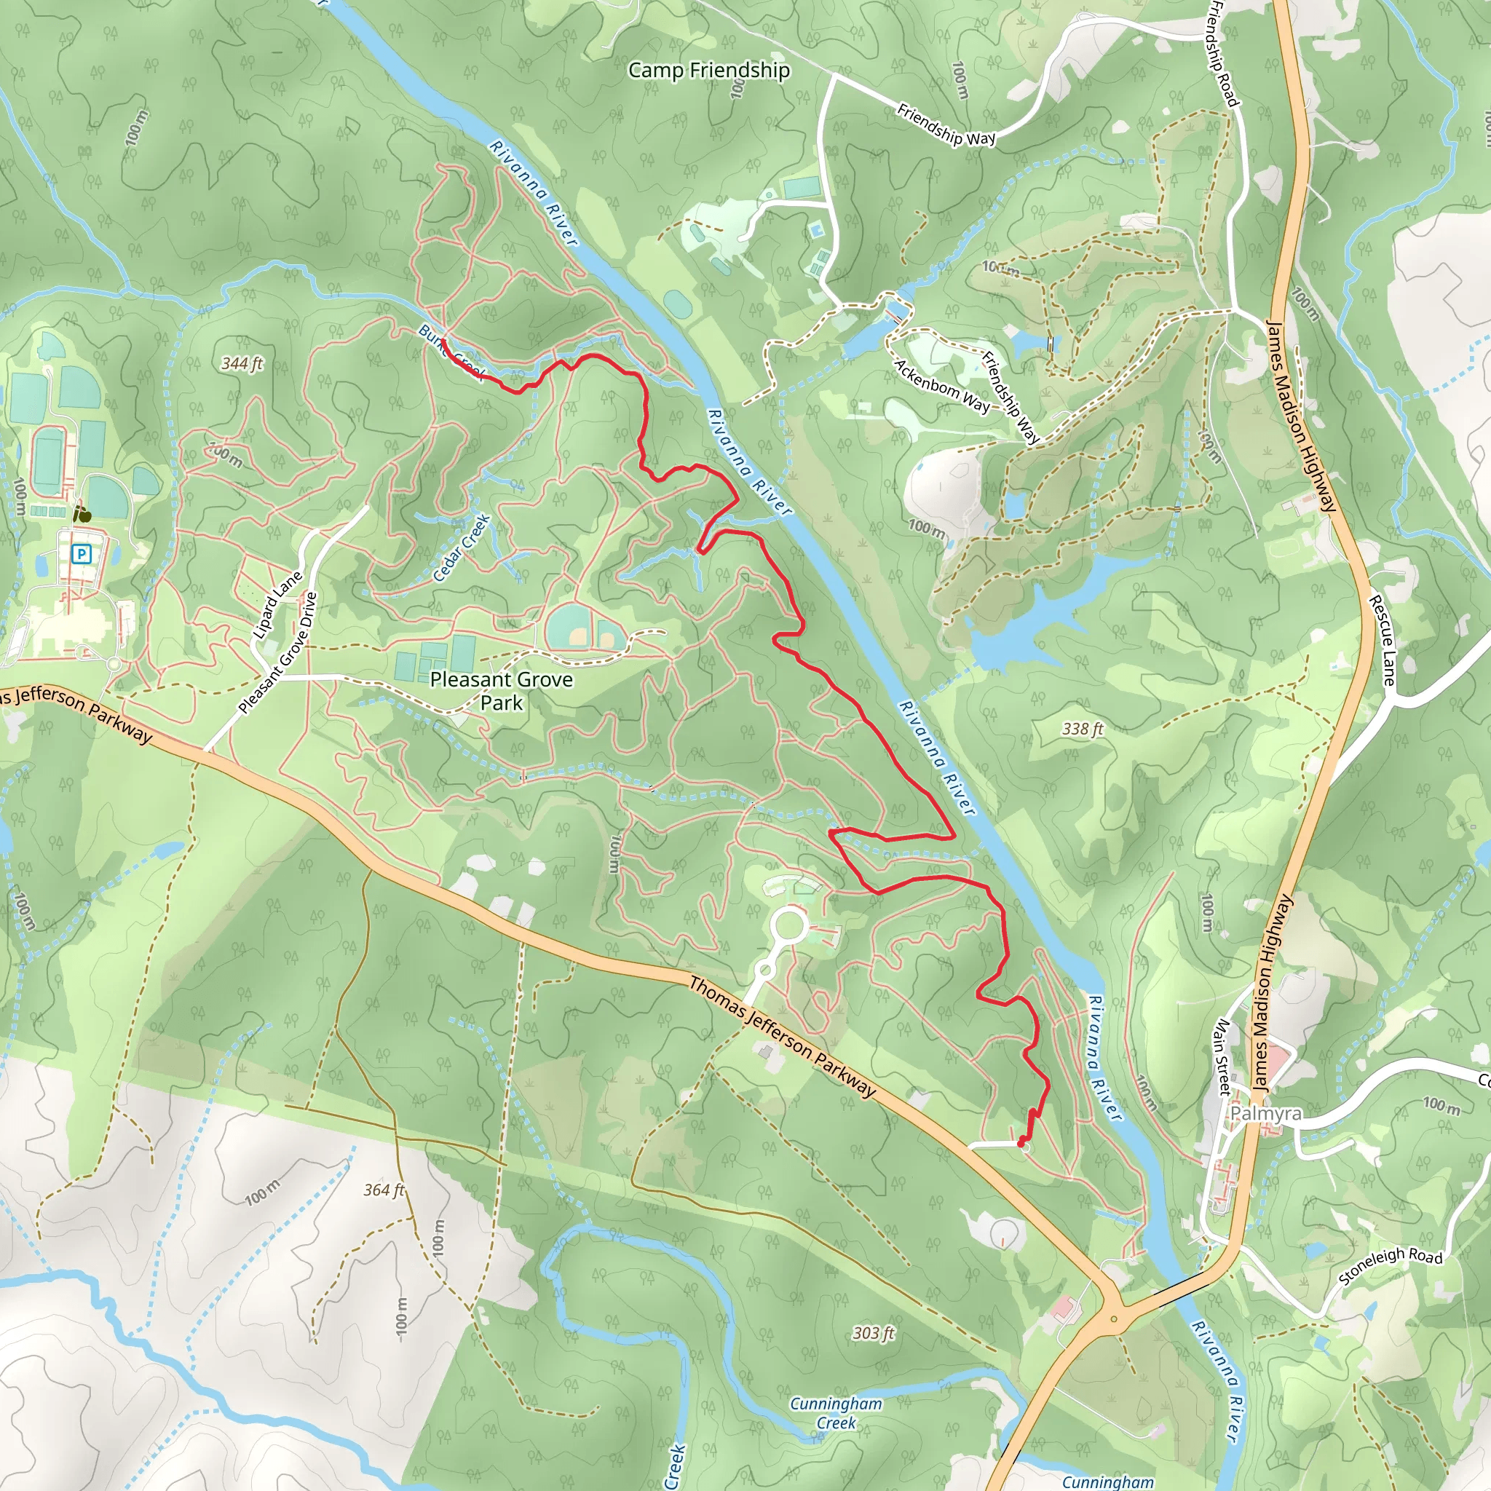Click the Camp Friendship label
click(x=708, y=70)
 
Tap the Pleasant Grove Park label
click(x=502, y=691)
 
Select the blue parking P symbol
click(x=82, y=553)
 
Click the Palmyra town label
click(x=1265, y=1114)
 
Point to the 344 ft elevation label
click(x=242, y=363)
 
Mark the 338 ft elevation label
click(x=1082, y=729)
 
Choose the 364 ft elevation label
click(x=384, y=1190)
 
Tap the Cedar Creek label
click(x=462, y=548)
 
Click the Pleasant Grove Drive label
click(x=279, y=653)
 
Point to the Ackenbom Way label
click(x=941, y=386)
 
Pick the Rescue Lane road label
click(x=1383, y=640)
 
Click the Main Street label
click(x=1222, y=1057)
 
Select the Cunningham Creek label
click(x=836, y=1413)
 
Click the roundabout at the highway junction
click(x=1113, y=1319)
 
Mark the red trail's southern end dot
click(x=1021, y=1140)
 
